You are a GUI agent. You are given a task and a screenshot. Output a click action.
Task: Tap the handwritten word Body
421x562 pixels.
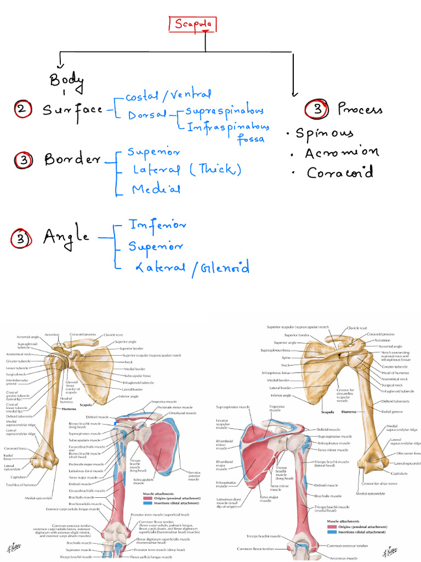point(66,81)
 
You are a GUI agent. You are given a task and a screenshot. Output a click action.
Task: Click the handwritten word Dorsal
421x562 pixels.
point(147,116)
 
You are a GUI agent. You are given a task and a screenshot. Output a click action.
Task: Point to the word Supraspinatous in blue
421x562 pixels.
point(225,111)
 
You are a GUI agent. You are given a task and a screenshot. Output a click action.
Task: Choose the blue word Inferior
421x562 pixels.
point(157,225)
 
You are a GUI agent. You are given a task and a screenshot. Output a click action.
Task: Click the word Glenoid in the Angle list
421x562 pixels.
point(224,268)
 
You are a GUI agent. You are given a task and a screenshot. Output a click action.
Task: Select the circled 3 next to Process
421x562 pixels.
point(318,109)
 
